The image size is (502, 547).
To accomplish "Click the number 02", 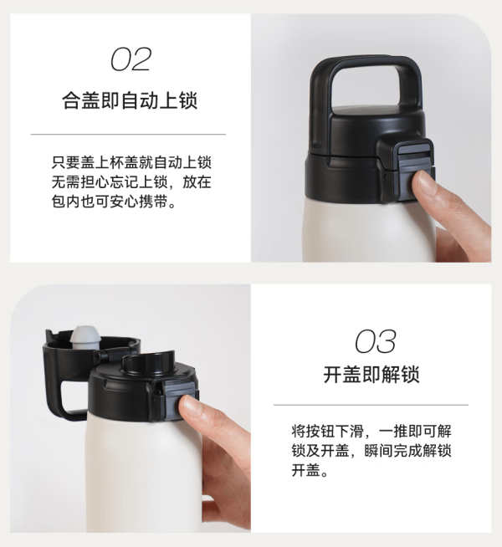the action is (x=131, y=59).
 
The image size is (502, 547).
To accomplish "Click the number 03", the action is (x=376, y=340).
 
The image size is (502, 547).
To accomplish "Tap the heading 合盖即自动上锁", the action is (x=130, y=100).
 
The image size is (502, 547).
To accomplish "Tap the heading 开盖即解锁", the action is (x=371, y=375).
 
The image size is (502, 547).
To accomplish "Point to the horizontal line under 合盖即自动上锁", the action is (x=128, y=134).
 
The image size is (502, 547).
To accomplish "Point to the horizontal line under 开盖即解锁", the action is (x=371, y=405).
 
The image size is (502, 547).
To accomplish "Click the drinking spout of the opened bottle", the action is (x=147, y=362).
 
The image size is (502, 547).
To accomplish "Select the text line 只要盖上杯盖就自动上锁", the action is (x=131, y=162).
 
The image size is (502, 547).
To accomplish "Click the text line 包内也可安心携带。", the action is (x=114, y=202).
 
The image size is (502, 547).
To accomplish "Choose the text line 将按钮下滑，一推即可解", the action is (x=371, y=432).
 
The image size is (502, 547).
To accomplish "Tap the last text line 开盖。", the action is (x=310, y=471).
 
